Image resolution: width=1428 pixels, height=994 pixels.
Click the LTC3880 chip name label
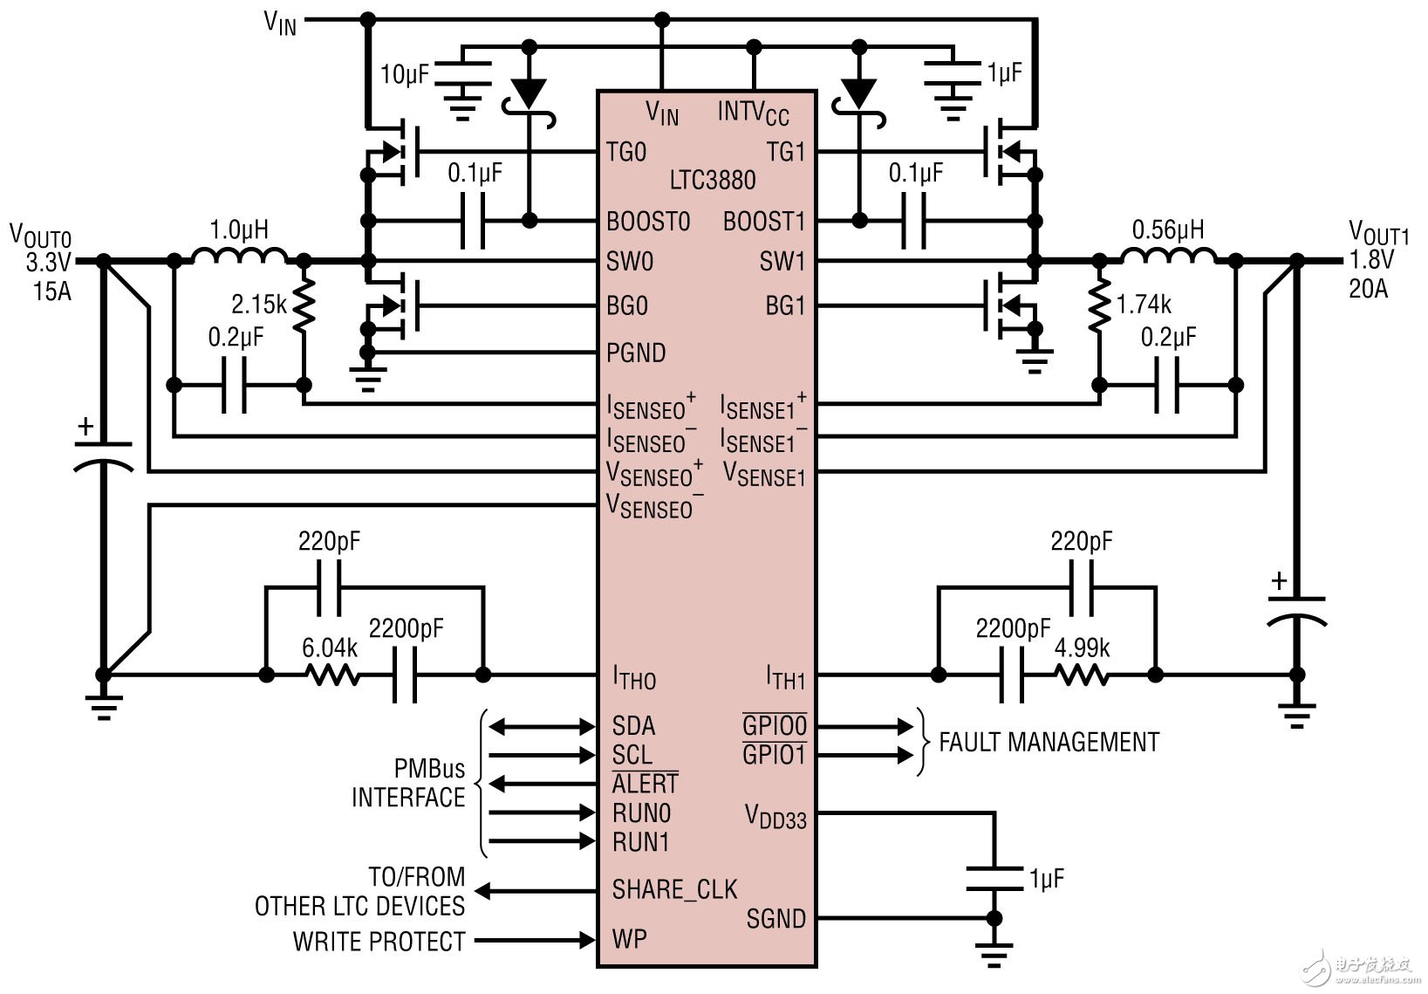(x=712, y=181)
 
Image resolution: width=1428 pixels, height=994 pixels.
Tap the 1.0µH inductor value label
(x=239, y=230)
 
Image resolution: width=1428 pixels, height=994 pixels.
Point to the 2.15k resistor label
(x=258, y=305)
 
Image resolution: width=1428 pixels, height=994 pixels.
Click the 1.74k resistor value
(x=1144, y=305)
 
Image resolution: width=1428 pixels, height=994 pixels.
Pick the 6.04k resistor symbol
(x=331, y=675)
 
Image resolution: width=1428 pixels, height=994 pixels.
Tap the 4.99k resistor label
(x=1082, y=648)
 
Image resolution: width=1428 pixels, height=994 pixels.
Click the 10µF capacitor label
(x=404, y=75)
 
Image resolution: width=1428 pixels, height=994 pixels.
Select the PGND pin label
(x=636, y=353)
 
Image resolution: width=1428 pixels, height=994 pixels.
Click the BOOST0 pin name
(x=648, y=222)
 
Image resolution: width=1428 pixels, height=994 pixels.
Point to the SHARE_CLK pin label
(x=674, y=889)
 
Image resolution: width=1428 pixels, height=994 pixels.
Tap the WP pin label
(x=629, y=939)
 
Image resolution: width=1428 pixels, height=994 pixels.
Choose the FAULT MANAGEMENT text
(x=1049, y=742)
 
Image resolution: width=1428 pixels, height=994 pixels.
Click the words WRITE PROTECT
(x=379, y=942)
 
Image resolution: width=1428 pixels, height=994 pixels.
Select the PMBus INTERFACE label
(x=408, y=783)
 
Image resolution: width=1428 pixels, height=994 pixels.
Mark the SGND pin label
(x=775, y=918)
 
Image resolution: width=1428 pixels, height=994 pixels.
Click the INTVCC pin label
(x=753, y=113)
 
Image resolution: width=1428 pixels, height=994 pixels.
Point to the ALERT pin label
(x=645, y=784)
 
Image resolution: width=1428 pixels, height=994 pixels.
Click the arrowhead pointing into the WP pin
(x=584, y=940)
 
